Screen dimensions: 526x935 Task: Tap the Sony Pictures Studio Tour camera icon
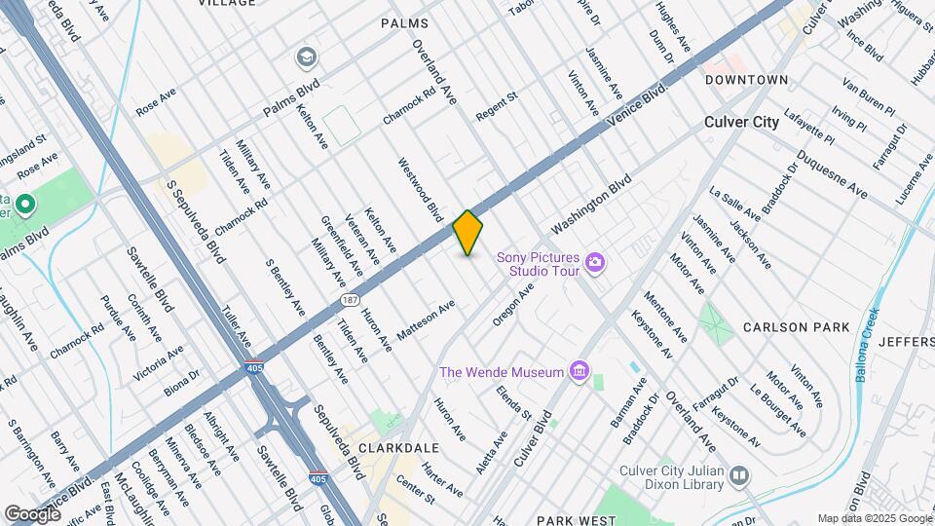point(594,262)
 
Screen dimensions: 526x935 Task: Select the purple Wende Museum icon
point(580,371)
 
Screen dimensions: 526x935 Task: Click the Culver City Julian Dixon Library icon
point(740,475)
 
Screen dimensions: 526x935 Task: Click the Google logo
point(32,513)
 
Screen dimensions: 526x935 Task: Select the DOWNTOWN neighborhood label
point(746,79)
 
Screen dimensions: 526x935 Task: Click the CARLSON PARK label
point(796,327)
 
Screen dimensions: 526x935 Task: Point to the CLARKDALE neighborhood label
point(399,448)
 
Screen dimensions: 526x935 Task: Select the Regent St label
point(496,107)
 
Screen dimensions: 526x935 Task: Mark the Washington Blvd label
point(591,205)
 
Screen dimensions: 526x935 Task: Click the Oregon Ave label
point(514,306)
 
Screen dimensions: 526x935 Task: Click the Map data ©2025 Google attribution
point(874,518)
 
